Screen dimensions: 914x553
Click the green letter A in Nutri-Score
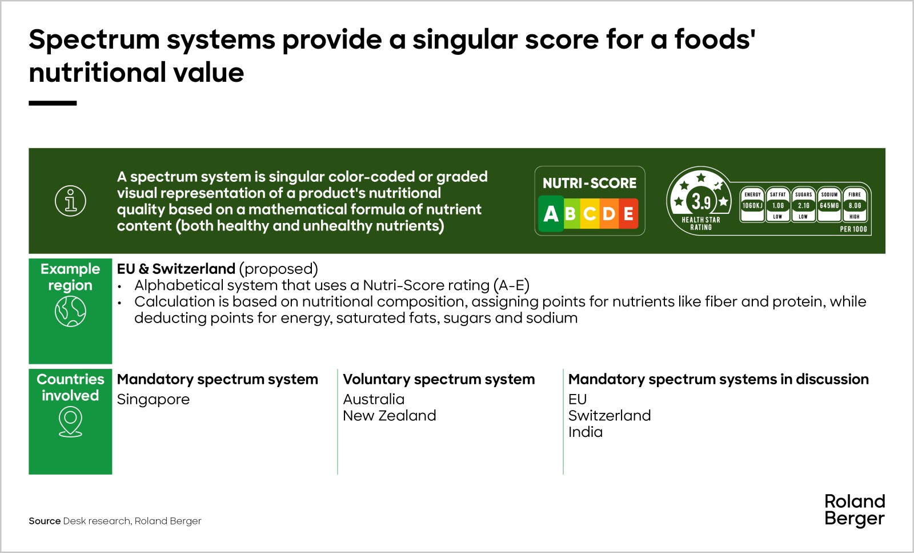[x=551, y=214]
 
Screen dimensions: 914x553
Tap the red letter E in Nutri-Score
[x=628, y=214]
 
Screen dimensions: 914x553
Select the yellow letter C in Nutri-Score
[x=590, y=214]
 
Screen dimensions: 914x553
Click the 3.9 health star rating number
[x=701, y=201]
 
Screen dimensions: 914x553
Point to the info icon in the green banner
[x=71, y=201]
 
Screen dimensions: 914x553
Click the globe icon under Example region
[x=71, y=312]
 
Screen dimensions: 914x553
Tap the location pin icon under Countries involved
[x=71, y=423]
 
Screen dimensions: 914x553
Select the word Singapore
[x=153, y=399]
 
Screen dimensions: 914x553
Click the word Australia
[x=374, y=399]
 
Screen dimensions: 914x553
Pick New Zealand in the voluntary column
[x=390, y=415]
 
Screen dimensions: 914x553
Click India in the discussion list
[x=586, y=432]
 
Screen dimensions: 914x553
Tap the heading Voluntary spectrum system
[x=439, y=379]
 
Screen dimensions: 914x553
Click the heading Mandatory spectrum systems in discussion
[x=719, y=379]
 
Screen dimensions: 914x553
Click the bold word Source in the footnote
[x=45, y=521]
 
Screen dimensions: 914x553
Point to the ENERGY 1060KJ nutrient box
[x=752, y=205]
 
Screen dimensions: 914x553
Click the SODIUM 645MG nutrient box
[x=829, y=205]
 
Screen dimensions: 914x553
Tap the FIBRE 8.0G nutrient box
[x=855, y=205]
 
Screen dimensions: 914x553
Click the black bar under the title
[x=53, y=104]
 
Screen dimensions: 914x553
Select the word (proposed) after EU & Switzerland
[x=279, y=269]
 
